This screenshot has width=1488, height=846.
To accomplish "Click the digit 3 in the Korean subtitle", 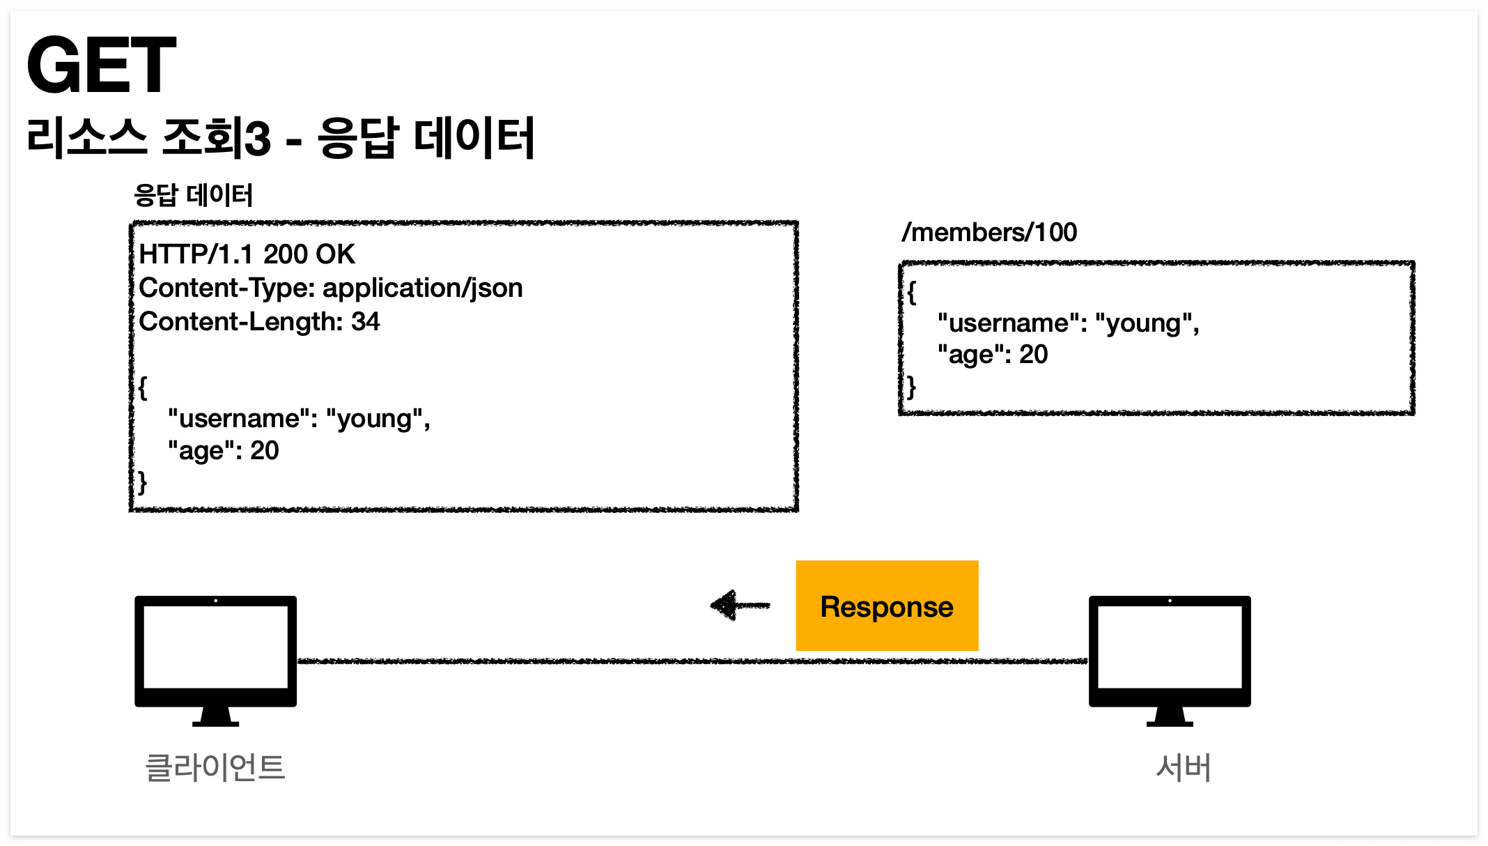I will click(x=256, y=138).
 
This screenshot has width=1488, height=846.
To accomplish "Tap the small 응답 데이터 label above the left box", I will click(x=193, y=195).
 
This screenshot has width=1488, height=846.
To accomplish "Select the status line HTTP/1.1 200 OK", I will click(x=247, y=254).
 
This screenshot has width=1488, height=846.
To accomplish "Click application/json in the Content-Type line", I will click(x=422, y=288).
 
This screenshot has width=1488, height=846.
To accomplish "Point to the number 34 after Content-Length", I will click(x=365, y=321).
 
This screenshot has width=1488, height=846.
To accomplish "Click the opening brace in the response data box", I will click(x=143, y=387).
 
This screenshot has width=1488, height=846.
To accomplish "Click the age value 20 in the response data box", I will click(x=264, y=451).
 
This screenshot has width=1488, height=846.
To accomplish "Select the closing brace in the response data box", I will click(x=143, y=482).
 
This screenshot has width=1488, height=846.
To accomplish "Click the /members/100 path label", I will click(x=989, y=232).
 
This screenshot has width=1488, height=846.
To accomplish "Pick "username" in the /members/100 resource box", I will click(x=1003, y=323).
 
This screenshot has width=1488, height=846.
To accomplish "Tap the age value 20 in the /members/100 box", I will click(x=1033, y=355).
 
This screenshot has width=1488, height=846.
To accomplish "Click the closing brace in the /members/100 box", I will click(x=911, y=387).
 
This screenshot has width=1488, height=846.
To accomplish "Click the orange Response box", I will click(x=887, y=606).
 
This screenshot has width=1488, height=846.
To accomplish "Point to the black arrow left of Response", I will click(x=739, y=605).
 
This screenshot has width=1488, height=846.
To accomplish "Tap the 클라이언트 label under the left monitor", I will click(x=215, y=767).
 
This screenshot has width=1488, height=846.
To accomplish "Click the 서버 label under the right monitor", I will click(x=1183, y=767).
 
